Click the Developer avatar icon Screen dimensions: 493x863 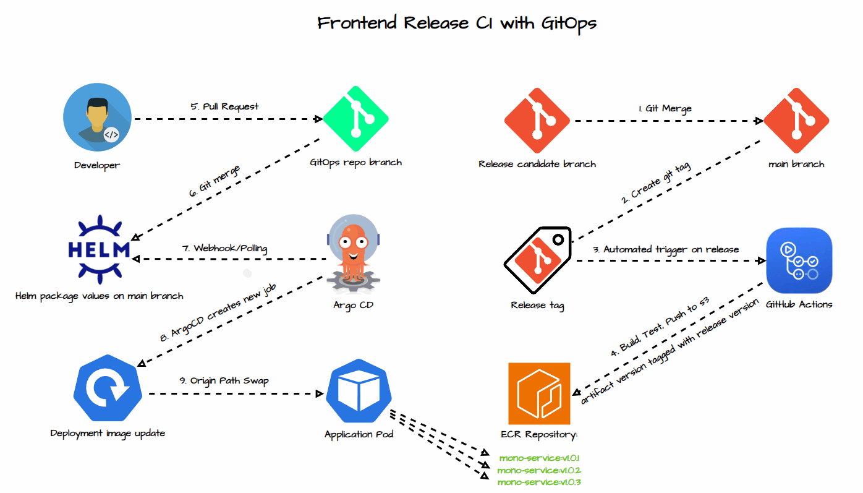(97, 117)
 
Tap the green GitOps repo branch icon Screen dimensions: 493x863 (355, 119)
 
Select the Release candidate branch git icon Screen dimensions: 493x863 (537, 120)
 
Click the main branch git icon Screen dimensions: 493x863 (796, 120)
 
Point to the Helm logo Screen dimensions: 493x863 (99, 250)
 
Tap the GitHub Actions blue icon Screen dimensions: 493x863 (799, 260)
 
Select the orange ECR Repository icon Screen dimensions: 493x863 (538, 393)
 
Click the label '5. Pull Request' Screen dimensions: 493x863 (224, 106)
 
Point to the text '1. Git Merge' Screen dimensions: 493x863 (665, 108)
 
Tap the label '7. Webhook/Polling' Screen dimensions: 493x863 (224, 248)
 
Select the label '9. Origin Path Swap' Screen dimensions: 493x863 (224, 380)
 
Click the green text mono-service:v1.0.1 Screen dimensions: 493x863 (539, 458)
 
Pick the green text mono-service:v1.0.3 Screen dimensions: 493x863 (539, 482)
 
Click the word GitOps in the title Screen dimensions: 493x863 (569, 24)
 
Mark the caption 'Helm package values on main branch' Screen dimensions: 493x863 (100, 296)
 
